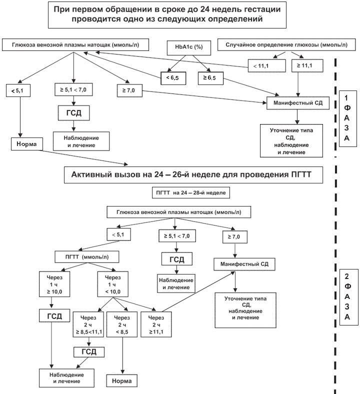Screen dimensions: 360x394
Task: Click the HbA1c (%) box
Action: coord(189,47)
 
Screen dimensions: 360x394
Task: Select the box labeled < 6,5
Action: coord(173,78)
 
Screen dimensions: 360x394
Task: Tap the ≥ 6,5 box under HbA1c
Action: coord(210,78)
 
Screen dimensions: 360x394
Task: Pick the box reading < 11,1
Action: coord(267,66)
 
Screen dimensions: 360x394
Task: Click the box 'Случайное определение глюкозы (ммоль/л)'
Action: coord(286,44)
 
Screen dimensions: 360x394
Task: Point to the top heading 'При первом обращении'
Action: coord(167,14)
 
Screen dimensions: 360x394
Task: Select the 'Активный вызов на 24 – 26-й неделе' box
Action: coord(193,175)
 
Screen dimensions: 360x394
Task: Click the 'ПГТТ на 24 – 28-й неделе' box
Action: coord(190,193)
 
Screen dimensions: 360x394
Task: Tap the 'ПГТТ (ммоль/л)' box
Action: coord(87,257)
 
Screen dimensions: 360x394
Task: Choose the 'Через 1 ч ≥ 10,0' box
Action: coord(54,284)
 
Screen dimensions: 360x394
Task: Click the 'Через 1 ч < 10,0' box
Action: coord(113,284)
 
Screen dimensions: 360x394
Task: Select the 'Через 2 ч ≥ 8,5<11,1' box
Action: coord(88,324)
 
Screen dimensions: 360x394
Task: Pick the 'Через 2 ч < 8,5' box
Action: coord(122,324)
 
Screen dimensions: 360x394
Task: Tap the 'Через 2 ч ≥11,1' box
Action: coord(156,324)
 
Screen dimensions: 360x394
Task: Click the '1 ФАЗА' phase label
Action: coord(347,118)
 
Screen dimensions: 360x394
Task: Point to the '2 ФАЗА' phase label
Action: coord(348,297)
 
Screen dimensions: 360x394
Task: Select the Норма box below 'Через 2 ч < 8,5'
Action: coord(122,380)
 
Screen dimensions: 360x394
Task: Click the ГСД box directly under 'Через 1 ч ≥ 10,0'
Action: coord(54,316)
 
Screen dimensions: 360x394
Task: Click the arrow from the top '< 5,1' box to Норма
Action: coord(20,117)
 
